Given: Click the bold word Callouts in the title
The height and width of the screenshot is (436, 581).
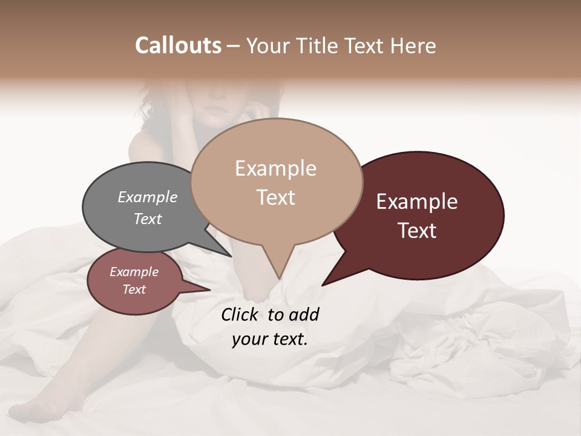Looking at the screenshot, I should (178, 45).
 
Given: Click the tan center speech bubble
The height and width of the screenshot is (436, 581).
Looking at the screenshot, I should (276, 182).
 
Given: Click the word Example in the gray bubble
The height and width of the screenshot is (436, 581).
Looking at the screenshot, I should (148, 197).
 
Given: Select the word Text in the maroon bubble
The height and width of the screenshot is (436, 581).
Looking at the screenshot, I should (417, 231).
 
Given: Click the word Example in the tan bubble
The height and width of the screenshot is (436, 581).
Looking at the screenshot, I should (275, 168).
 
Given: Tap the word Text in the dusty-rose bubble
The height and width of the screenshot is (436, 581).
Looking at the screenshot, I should (134, 289).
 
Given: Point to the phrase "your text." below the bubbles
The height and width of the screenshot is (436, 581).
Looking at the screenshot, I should (269, 339).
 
